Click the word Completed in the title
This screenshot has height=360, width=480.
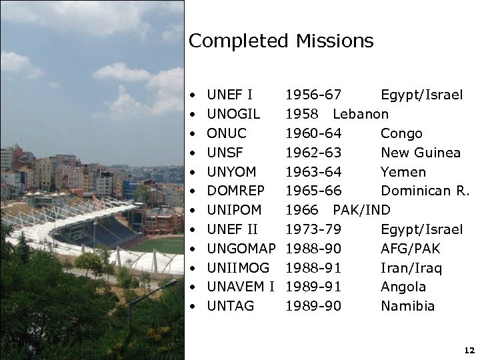[x=237, y=42]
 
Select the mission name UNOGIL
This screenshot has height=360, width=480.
[x=233, y=114]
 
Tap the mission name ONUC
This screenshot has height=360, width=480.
[x=227, y=133]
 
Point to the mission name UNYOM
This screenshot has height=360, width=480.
[x=231, y=172]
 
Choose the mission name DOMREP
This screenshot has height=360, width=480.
[x=235, y=191]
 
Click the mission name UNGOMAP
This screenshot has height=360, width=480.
[x=241, y=249]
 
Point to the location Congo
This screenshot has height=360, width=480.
[x=401, y=133]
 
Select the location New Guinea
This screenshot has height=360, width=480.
[x=420, y=153]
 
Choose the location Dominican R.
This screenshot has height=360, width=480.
[x=425, y=191]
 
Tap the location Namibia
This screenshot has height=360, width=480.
[x=407, y=307]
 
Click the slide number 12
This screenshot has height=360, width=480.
[x=468, y=350]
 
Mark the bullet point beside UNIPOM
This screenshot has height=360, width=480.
[x=192, y=211]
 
